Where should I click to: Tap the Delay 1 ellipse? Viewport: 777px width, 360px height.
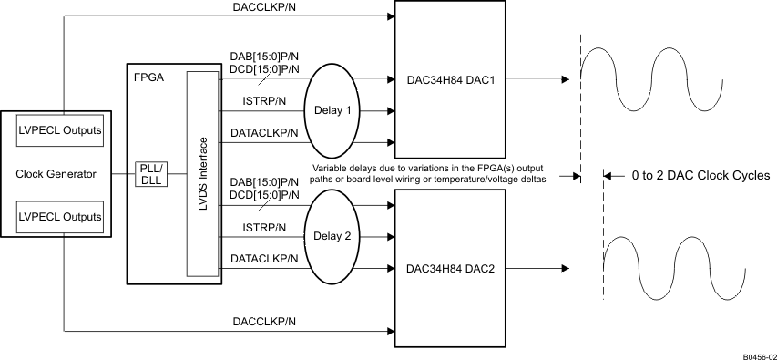[334, 110]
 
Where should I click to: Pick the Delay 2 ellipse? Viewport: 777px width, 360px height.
[334, 235]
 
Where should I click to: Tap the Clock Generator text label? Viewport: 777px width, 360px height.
[56, 174]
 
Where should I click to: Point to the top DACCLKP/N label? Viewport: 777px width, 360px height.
[263, 9]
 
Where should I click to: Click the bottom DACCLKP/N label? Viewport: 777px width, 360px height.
[263, 322]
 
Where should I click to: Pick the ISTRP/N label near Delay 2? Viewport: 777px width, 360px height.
[264, 227]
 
